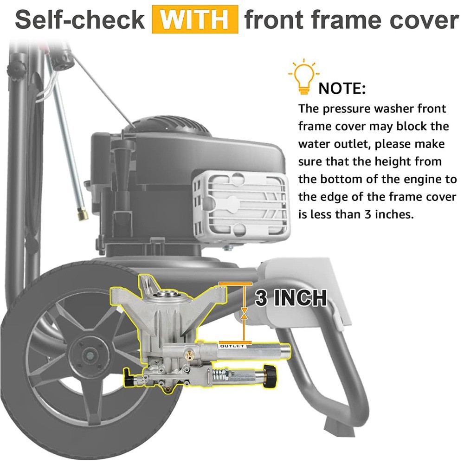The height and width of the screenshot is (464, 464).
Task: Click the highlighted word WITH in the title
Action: coord(195,19)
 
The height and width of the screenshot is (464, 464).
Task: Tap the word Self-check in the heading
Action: coord(80,20)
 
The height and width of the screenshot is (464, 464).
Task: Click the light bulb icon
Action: coord(304,77)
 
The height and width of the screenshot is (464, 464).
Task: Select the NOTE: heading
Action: coord(342,89)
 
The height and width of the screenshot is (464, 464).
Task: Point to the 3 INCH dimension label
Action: coord(291,298)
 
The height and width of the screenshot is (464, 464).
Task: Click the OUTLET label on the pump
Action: coord(232,346)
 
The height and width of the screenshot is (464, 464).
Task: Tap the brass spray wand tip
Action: coord(83,214)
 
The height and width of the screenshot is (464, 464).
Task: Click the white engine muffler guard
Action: coord(240,204)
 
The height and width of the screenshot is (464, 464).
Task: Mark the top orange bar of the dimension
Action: coord(235,284)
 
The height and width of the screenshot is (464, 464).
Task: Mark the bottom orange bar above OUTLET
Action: coord(235,342)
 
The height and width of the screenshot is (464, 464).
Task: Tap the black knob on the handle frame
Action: coord(16,69)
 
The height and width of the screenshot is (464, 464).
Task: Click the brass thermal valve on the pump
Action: coord(187,354)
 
